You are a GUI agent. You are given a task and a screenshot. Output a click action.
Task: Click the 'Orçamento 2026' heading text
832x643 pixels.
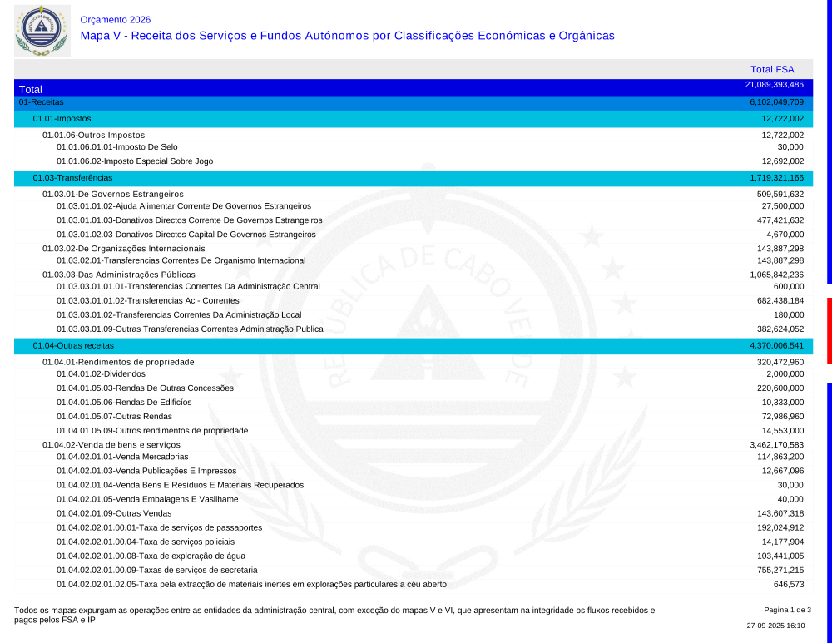pyautogui.click(x=116, y=20)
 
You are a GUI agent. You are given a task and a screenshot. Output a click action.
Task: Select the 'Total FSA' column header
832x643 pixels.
pyautogui.click(x=772, y=70)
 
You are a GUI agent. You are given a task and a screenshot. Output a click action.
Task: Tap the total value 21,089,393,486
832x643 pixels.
pyautogui.click(x=774, y=85)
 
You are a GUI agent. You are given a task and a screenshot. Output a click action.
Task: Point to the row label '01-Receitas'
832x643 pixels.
pyautogui.click(x=41, y=102)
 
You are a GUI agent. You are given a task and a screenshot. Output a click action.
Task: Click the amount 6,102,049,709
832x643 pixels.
pyautogui.click(x=776, y=102)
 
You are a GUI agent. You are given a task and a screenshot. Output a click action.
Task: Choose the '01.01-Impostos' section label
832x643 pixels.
pyautogui.click(x=62, y=119)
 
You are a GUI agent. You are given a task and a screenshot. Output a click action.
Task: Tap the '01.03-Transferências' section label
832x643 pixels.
pyautogui.click(x=72, y=178)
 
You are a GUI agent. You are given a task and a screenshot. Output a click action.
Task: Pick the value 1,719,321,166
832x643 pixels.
pyautogui.click(x=776, y=178)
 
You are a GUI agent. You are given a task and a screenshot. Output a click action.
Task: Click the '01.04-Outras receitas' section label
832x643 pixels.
pyautogui.click(x=73, y=345)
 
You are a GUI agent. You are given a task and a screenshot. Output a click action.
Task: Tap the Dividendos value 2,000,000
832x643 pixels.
pyautogui.click(x=785, y=374)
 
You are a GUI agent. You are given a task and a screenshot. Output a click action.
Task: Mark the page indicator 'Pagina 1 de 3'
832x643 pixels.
pyautogui.click(x=787, y=610)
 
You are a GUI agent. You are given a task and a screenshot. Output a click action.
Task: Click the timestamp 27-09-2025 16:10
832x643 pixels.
pyautogui.click(x=775, y=626)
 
